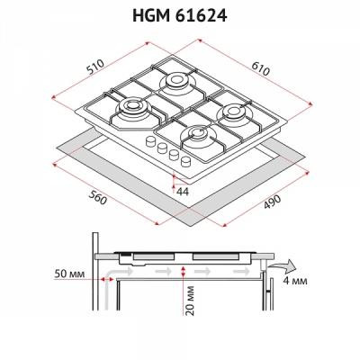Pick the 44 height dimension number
pos(183,192)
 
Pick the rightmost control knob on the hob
pos(185,161)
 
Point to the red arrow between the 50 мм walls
pos(106,280)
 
